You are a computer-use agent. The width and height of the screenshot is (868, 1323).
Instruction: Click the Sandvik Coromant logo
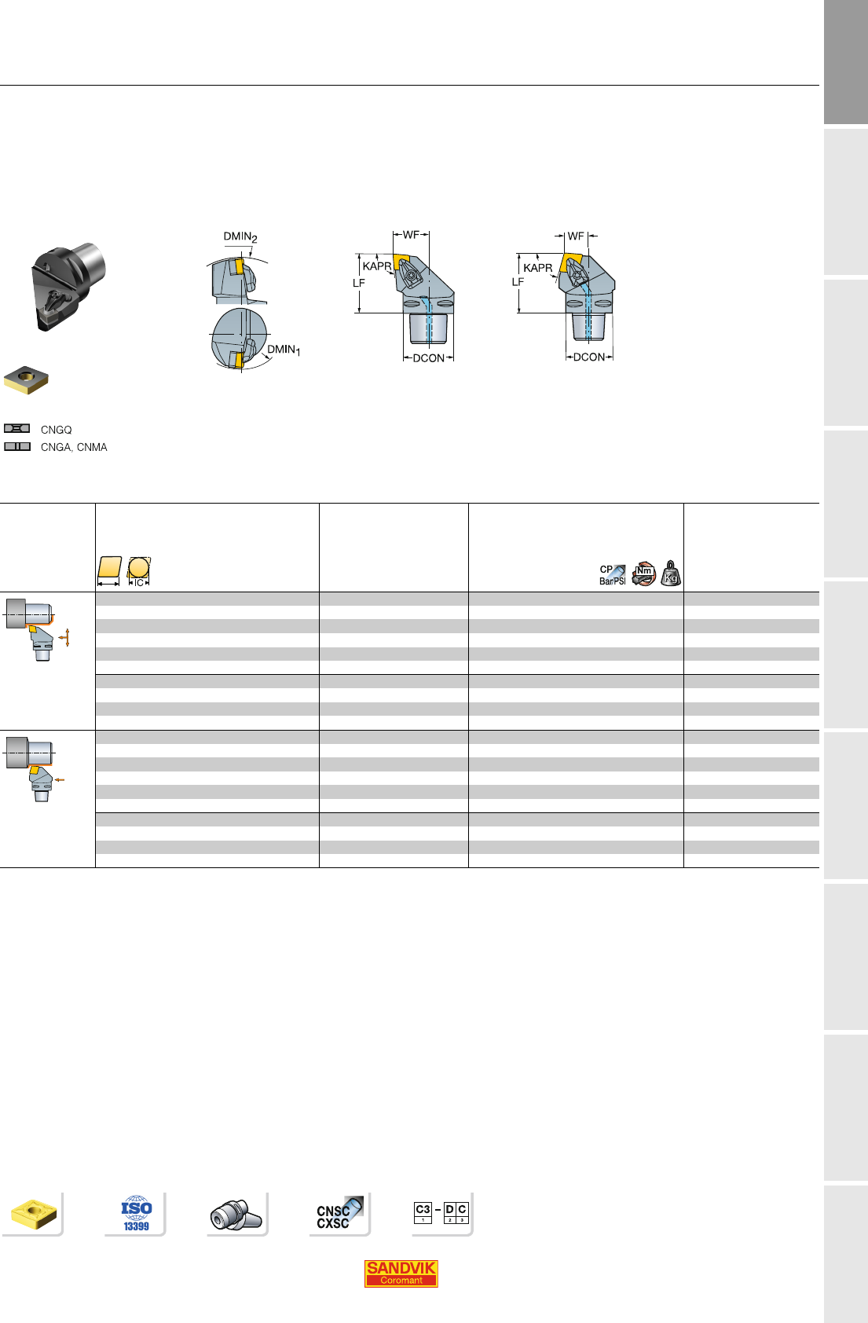[x=401, y=1273]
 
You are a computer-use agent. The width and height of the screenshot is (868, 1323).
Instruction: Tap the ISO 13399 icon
[x=137, y=1214]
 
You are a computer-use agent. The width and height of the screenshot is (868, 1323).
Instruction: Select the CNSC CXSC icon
[x=339, y=1213]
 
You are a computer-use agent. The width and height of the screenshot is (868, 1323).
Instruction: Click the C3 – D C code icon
[x=441, y=1212]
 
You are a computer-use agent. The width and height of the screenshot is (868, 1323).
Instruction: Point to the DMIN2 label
[x=240, y=236]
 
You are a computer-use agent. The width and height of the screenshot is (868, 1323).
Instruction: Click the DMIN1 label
[x=284, y=350]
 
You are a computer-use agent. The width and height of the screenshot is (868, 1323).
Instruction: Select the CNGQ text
[x=56, y=430]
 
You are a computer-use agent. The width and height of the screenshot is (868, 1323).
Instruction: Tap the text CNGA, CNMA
[x=74, y=447]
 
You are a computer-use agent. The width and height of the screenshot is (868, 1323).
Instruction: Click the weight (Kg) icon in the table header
[x=671, y=573]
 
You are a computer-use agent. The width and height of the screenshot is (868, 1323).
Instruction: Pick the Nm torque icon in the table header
[x=643, y=574]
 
